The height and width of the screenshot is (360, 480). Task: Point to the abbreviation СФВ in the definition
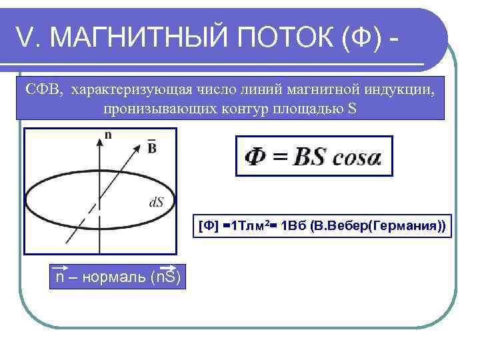(x=42, y=89)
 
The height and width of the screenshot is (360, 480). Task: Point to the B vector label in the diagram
(x=151, y=146)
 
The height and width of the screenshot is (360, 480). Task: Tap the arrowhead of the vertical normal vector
(x=100, y=137)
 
